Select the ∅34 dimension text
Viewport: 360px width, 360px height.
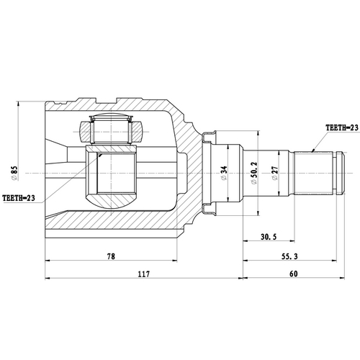click(x=225, y=173)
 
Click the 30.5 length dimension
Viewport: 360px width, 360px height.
click(x=260, y=236)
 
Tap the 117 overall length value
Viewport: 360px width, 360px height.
click(x=143, y=274)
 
